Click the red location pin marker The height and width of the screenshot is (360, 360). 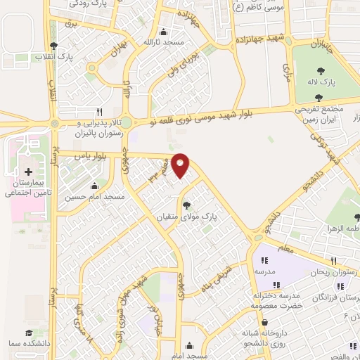point(181,165)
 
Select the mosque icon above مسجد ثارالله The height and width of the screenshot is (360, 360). point(164,32)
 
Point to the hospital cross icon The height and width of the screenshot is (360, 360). point(28,172)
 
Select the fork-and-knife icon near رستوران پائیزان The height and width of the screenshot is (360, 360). point(99,112)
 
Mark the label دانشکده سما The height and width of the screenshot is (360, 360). point(23,344)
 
